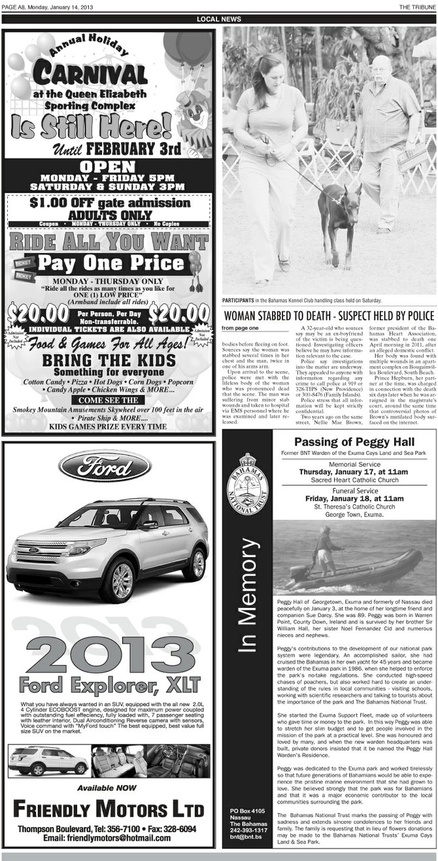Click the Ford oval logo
click(x=105, y=465)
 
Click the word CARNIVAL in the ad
click(x=90, y=73)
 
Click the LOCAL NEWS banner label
click(x=219, y=19)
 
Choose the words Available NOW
click(x=107, y=788)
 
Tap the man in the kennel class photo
click(x=384, y=137)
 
